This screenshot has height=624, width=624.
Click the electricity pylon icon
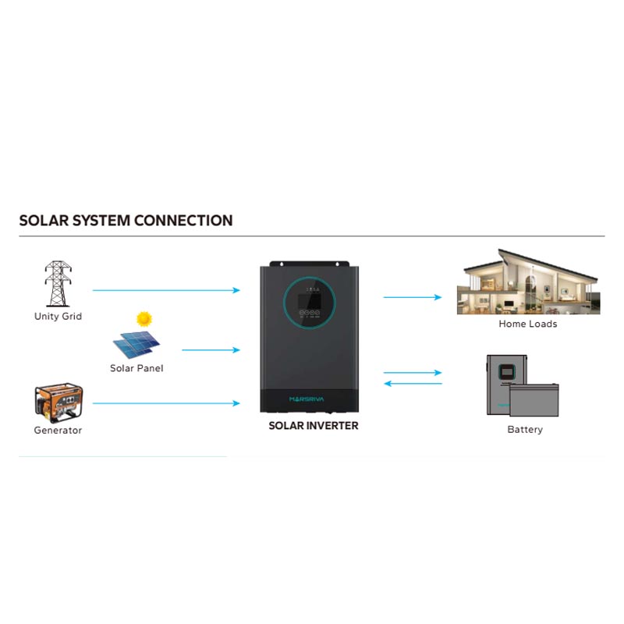coord(58,283)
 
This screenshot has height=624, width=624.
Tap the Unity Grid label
coord(58,317)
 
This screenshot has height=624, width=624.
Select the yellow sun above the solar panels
coord(144,319)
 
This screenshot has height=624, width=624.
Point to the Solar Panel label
coord(136,368)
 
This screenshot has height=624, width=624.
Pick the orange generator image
coord(58,402)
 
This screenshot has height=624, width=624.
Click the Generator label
coord(58,431)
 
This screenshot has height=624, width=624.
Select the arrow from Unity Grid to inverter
coord(166,290)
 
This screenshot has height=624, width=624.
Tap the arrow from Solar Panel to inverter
coord(211,349)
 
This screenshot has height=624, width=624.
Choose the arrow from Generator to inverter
coord(166,403)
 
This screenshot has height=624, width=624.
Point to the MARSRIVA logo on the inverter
coord(307,399)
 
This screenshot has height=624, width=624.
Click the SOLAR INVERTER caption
coord(314,426)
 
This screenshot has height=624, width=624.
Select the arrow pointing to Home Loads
coord(413,297)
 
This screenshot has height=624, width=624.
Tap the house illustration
coord(529,282)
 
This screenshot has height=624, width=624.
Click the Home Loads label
coord(528,324)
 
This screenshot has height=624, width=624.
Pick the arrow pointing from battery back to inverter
coord(413,384)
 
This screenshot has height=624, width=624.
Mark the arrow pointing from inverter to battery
coord(413,373)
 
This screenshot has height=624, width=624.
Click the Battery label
coord(525,430)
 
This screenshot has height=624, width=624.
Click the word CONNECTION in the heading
coord(183,221)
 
